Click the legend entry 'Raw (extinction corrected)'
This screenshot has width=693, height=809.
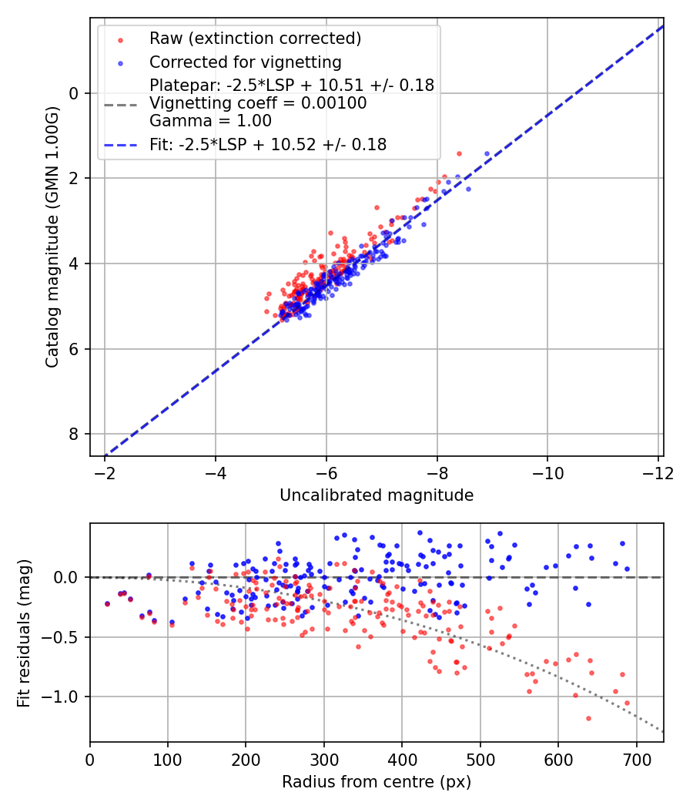coord(255,39)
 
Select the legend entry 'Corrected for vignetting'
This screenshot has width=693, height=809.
coord(245,62)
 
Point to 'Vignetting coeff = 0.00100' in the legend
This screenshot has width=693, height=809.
coord(258,103)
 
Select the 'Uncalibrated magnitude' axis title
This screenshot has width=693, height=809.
coord(377,495)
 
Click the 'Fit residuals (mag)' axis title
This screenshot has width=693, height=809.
coord(24,633)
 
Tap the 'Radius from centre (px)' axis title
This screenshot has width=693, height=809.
coord(377,782)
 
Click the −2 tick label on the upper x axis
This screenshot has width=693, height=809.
coord(105,472)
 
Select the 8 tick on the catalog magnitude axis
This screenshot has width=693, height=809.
coord(75,435)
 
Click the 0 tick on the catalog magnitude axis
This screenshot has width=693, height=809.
coord(75,93)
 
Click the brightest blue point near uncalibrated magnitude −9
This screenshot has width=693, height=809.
coord(487,154)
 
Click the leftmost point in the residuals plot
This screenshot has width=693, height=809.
coord(107,604)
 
